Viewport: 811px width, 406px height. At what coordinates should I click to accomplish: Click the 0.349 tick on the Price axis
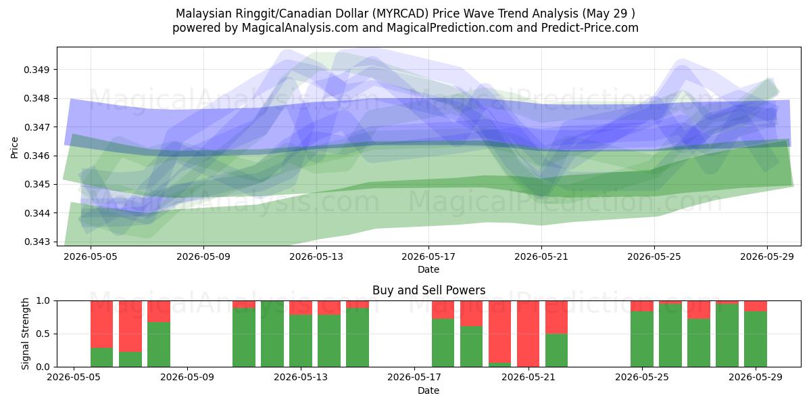(37, 70)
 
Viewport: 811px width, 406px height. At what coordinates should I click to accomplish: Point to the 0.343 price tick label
(37, 242)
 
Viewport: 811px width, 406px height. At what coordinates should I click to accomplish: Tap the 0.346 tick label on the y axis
(37, 156)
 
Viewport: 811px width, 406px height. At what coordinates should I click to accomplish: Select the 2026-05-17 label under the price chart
(428, 256)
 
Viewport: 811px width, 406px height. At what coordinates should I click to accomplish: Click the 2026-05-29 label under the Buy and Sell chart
(756, 378)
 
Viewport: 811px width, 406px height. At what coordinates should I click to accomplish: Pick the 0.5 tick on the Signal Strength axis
(43, 334)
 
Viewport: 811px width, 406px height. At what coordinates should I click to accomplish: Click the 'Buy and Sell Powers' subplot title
(428, 290)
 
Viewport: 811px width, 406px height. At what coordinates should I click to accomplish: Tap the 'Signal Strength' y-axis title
(25, 334)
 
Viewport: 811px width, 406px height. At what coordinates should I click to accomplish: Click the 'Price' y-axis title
(14, 148)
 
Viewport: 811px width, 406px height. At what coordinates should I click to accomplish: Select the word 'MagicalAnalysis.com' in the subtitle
(300, 28)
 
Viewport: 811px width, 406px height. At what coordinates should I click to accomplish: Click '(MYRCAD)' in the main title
(402, 14)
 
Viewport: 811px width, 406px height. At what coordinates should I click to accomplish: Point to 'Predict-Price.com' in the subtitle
(590, 28)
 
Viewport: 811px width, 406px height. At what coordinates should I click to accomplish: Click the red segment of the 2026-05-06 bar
(102, 324)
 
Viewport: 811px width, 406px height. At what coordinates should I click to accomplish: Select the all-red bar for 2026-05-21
(528, 334)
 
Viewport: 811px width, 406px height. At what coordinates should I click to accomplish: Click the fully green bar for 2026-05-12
(272, 334)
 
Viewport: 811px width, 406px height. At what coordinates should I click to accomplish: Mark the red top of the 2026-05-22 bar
(556, 317)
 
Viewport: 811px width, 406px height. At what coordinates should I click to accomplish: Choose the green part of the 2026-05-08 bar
(159, 344)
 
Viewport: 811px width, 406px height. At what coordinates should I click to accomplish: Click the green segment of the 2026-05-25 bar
(642, 339)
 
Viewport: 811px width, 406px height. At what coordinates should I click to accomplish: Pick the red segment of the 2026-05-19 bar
(472, 313)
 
